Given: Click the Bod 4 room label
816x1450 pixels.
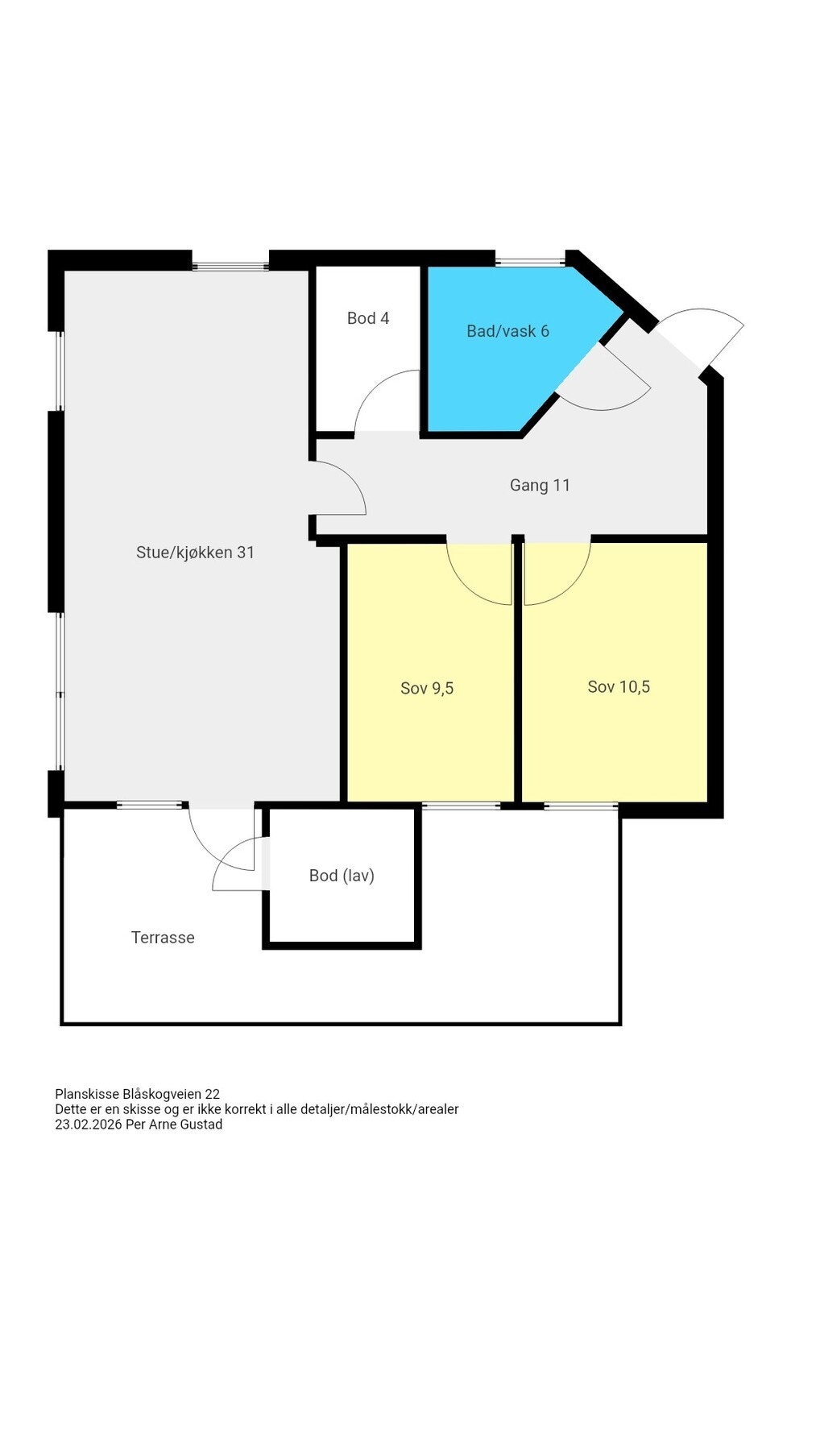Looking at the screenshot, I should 367,318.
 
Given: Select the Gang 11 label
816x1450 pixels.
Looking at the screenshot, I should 540,485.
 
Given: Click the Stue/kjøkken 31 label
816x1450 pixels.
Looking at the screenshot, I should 195,553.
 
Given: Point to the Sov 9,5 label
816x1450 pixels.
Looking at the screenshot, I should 427,688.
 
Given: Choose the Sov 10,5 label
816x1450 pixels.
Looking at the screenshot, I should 619,686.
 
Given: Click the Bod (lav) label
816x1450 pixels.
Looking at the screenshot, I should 342,876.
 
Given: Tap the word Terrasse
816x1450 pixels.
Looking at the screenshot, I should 163,938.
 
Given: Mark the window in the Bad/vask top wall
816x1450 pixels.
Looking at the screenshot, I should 530,261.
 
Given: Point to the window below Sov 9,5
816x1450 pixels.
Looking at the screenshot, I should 461,805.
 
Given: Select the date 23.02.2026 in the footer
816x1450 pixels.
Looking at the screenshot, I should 88,1125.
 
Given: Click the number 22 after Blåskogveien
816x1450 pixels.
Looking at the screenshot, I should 212,1094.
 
